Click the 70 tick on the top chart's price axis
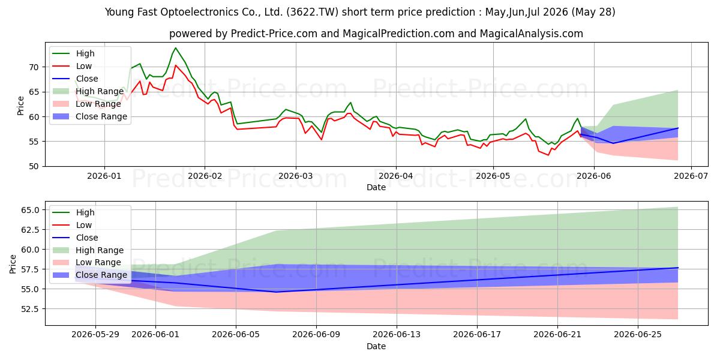34,67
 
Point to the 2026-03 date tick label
295,176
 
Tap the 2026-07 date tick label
691,176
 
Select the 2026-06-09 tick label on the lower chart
316,335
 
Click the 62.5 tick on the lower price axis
30,230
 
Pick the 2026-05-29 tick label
95,335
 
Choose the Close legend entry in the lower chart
75,238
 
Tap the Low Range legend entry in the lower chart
87,263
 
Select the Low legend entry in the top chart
72,66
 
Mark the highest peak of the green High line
175,48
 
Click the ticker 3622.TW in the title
312,12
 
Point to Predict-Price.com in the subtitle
274,34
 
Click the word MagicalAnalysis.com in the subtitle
532,34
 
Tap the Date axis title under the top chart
376,187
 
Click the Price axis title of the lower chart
13,264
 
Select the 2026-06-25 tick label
638,335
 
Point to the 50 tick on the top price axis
34,167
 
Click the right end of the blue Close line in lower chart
678,268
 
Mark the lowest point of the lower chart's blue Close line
277,292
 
